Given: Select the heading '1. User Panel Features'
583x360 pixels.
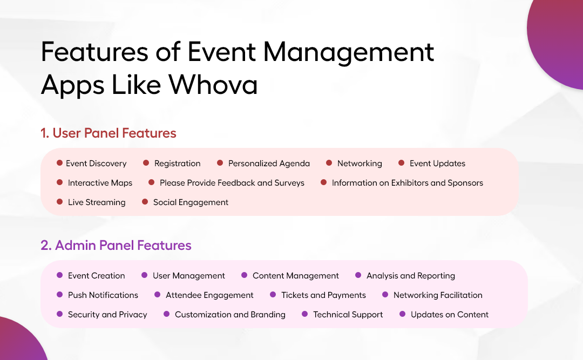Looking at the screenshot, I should pyautogui.click(x=109, y=133).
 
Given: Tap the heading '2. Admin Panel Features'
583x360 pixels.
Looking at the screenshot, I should pyautogui.click(x=116, y=246).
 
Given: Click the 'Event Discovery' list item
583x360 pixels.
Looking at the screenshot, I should pyautogui.click(x=96, y=164).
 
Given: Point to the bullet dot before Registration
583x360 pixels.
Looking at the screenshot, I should pyautogui.click(x=146, y=163).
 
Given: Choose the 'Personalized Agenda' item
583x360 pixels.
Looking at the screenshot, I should pyautogui.click(x=269, y=164).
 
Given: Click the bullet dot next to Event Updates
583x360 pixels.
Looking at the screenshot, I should pyautogui.click(x=401, y=163).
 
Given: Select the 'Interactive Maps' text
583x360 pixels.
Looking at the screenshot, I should pyautogui.click(x=100, y=183).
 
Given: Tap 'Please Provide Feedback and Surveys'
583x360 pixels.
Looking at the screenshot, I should pyautogui.click(x=232, y=183).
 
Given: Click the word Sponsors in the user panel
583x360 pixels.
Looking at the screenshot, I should pyautogui.click(x=465, y=183).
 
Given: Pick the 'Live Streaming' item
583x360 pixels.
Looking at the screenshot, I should pyautogui.click(x=97, y=202).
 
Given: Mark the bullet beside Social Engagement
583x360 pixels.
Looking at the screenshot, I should pyautogui.click(x=145, y=202).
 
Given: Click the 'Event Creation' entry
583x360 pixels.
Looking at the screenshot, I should pyautogui.click(x=96, y=276).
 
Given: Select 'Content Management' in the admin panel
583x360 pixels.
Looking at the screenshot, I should pyautogui.click(x=296, y=276).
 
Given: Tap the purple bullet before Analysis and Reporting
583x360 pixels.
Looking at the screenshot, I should pyautogui.click(x=358, y=275).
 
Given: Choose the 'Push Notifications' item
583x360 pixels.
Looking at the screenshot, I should pyautogui.click(x=103, y=295).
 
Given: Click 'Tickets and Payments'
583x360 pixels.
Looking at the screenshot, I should pyautogui.click(x=323, y=295).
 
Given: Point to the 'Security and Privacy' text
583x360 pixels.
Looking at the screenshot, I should pyautogui.click(x=107, y=315).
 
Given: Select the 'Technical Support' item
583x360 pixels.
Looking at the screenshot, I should pyautogui.click(x=348, y=315).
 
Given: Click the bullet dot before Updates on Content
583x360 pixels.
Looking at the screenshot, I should pyautogui.click(x=402, y=314).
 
